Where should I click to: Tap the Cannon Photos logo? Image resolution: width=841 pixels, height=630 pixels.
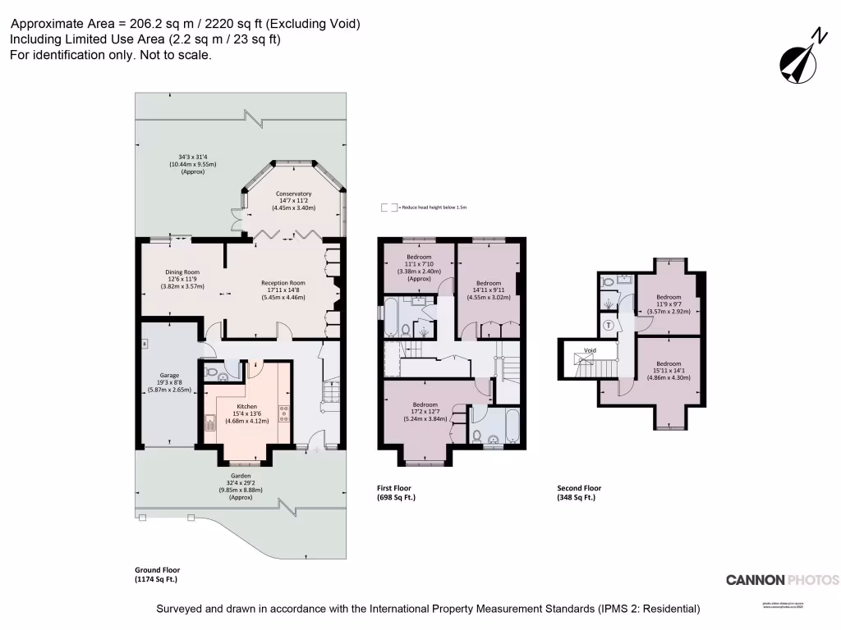tap(782, 580)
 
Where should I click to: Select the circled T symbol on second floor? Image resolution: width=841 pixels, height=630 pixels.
tap(609, 325)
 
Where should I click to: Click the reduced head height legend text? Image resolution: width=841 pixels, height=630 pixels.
tap(432, 208)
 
